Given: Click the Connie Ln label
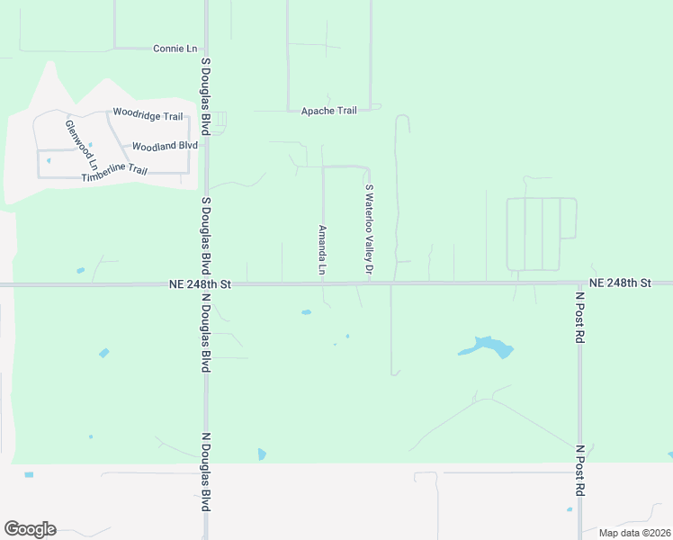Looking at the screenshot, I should (x=175, y=48).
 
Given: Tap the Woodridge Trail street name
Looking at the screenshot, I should (x=148, y=115).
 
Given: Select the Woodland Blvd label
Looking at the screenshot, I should (x=165, y=146).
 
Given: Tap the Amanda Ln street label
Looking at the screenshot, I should (x=321, y=249).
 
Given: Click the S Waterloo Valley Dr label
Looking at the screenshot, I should (x=369, y=230).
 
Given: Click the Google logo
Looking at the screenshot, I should (x=30, y=529).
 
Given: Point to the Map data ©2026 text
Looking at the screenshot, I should (x=634, y=532).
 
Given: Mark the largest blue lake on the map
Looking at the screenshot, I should (x=487, y=346).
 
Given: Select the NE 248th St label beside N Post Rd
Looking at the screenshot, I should (x=620, y=283).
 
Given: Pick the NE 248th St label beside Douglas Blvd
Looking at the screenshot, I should (x=200, y=283).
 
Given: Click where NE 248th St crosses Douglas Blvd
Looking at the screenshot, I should (x=206, y=284).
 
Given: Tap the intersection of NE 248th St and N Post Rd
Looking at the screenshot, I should (x=580, y=283).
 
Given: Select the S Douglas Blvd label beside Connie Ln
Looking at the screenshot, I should (x=206, y=96).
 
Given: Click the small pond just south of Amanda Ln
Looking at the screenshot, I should (x=306, y=313).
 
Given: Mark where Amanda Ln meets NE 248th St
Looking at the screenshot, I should (x=324, y=283).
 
